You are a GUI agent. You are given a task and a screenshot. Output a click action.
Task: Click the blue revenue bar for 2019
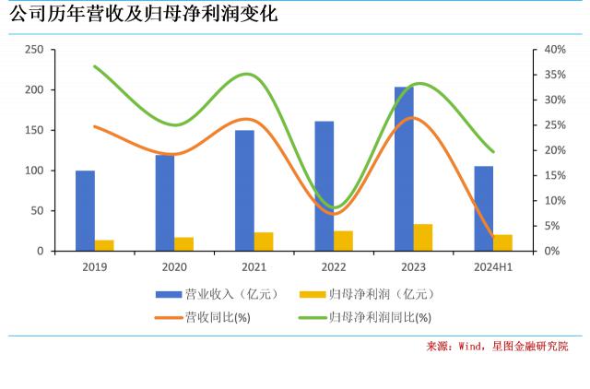[x=85, y=210]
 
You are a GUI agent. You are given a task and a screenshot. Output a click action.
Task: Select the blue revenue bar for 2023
[x=404, y=169]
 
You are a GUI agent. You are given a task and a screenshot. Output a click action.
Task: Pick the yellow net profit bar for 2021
[x=264, y=242]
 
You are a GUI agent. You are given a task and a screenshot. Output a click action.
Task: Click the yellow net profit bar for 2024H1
[x=502, y=242]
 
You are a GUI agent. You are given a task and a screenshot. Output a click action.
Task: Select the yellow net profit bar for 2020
[x=184, y=244]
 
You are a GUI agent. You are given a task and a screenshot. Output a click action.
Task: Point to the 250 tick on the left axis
[x=34, y=49]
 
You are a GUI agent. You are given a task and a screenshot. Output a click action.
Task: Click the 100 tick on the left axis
[x=34, y=171]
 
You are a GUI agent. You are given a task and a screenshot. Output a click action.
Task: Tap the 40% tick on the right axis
[x=554, y=49]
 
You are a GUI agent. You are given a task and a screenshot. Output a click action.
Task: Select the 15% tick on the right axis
[x=554, y=175]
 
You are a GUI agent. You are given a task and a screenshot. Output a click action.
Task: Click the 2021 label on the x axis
[x=254, y=267]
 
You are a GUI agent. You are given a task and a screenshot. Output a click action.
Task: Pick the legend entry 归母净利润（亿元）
[x=369, y=295]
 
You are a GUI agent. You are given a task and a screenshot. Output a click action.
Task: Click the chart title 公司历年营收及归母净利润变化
[x=142, y=15]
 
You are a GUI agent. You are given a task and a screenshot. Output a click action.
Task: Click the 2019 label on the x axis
[x=94, y=267]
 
